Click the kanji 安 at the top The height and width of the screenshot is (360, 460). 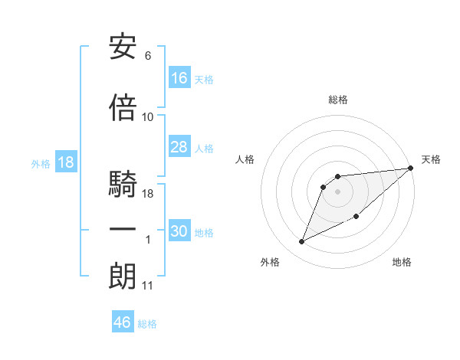[123, 47]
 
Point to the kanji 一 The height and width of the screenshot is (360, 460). [123, 230]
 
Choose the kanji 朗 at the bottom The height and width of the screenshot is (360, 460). [123, 277]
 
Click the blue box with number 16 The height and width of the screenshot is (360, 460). [179, 77]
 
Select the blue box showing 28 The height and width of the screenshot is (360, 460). [179, 147]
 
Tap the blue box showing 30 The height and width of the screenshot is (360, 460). [179, 231]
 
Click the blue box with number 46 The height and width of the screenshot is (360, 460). [123, 322]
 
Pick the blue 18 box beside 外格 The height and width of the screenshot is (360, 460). [65, 162]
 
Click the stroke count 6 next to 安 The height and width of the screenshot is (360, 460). [147, 56]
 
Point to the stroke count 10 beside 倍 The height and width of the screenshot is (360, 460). [148, 116]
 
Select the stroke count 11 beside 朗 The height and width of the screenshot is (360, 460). [148, 286]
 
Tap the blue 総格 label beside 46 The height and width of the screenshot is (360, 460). [147, 324]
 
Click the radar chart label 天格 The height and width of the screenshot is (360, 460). [431, 159]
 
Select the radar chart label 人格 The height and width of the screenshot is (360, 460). [245, 159]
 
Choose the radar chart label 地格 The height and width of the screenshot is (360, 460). [402, 263]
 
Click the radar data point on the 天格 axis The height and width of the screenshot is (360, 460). [411, 168]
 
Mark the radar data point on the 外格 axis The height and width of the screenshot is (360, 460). [302, 241]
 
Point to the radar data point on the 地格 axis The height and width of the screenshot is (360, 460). [357, 217]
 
